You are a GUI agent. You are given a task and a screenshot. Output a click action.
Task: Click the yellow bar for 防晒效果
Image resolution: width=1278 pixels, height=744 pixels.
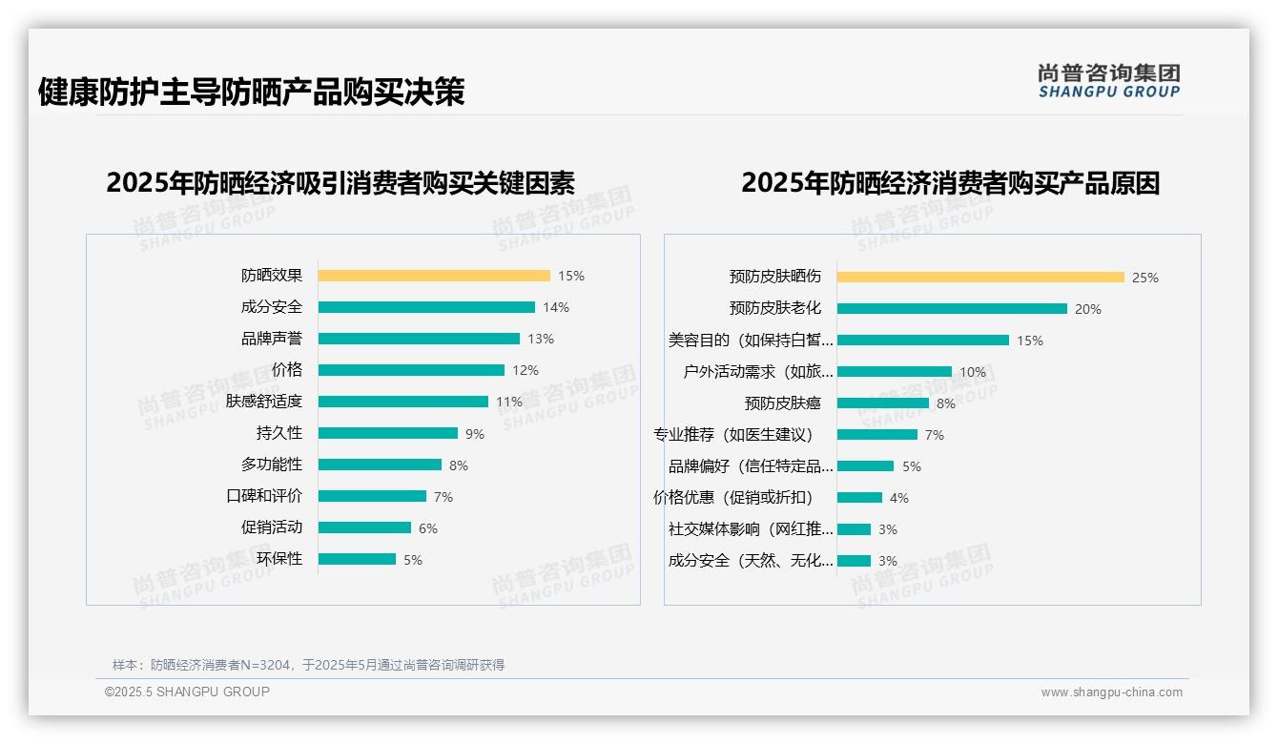click(x=434, y=276)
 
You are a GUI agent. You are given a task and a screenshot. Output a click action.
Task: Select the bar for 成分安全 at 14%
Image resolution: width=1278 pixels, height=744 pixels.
click(x=426, y=307)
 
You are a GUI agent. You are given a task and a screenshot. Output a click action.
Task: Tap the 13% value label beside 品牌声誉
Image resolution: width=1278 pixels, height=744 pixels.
click(x=541, y=339)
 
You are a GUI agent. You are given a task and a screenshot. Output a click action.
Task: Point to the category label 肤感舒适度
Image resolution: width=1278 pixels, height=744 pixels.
click(x=264, y=402)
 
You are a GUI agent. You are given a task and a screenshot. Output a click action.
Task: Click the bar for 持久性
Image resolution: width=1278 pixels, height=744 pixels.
click(x=387, y=433)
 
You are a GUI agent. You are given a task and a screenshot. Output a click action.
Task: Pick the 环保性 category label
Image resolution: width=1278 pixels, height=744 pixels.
click(x=279, y=559)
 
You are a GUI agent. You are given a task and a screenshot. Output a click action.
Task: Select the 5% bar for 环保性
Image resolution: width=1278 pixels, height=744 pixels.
click(x=357, y=559)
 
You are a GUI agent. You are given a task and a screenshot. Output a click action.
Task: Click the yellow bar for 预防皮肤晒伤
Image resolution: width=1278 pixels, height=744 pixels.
click(x=980, y=278)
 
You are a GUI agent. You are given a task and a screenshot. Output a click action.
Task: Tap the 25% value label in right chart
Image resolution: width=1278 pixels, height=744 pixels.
click(x=1144, y=278)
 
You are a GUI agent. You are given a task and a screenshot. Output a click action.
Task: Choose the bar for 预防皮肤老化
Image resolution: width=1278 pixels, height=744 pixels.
click(x=952, y=309)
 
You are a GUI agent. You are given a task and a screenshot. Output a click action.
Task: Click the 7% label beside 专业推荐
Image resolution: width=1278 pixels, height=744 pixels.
click(x=934, y=435)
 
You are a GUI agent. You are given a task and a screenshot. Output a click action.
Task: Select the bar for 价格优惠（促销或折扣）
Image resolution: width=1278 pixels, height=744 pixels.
click(x=859, y=498)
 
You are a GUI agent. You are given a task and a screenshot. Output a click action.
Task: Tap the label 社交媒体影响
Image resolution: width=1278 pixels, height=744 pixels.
click(x=751, y=529)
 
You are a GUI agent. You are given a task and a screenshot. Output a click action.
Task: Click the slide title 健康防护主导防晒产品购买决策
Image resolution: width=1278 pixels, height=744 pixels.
click(x=251, y=92)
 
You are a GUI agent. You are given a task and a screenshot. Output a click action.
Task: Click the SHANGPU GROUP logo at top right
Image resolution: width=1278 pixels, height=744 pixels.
click(x=1108, y=81)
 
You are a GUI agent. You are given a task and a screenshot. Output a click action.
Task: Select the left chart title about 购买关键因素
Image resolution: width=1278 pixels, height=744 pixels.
click(x=340, y=183)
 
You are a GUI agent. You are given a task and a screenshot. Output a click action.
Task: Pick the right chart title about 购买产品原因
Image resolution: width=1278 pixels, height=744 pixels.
click(x=950, y=183)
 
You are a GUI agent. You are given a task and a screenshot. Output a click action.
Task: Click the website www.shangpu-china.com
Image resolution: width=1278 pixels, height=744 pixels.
click(x=1111, y=692)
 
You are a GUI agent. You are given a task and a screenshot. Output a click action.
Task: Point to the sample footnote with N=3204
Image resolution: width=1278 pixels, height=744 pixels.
click(x=308, y=665)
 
